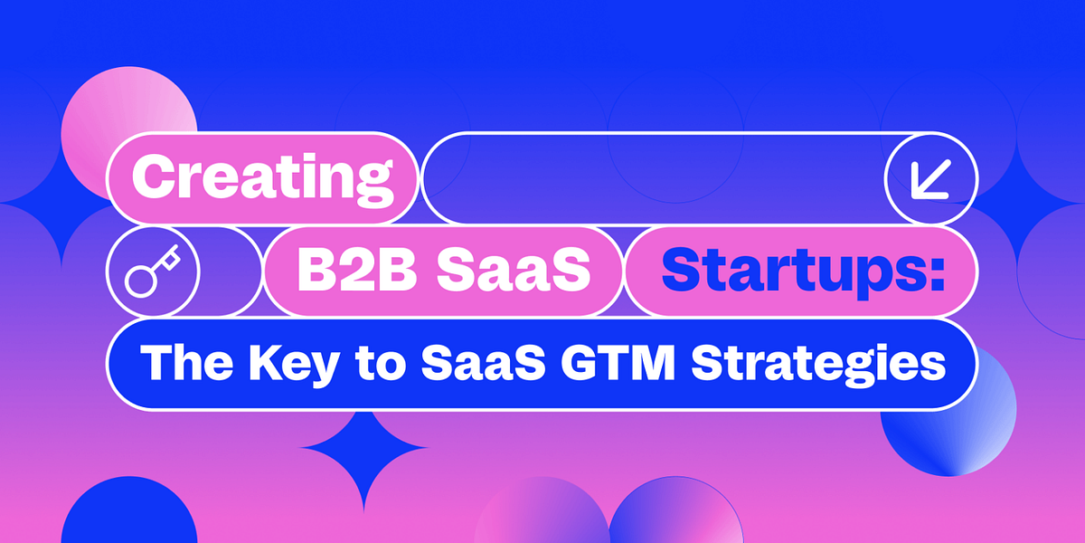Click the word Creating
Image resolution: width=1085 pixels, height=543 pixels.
pyautogui.click(x=263, y=177)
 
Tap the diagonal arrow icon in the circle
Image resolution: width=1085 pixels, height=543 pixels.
pyautogui.click(x=931, y=178)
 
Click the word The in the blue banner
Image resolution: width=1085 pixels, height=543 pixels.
pyautogui.click(x=183, y=364)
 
